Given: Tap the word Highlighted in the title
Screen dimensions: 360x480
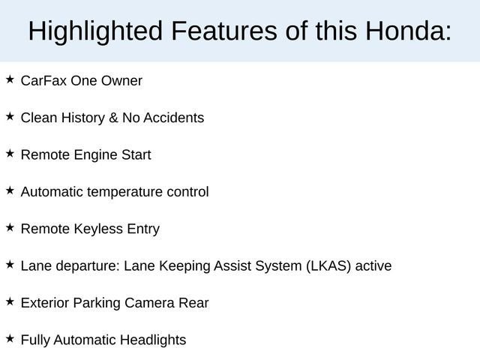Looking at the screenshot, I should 95,31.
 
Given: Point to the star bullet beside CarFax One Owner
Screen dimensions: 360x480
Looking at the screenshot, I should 10,79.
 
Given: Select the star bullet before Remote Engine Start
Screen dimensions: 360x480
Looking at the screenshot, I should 10,153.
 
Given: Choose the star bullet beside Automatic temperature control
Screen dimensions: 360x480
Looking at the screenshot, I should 10,190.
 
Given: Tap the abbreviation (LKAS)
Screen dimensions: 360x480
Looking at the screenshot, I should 329,266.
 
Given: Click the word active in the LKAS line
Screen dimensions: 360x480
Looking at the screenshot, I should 373,266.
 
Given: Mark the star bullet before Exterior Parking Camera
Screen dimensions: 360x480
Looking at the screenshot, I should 10,301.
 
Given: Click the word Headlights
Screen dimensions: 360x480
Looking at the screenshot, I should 153,340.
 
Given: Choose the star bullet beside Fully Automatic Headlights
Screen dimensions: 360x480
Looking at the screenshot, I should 10,338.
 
